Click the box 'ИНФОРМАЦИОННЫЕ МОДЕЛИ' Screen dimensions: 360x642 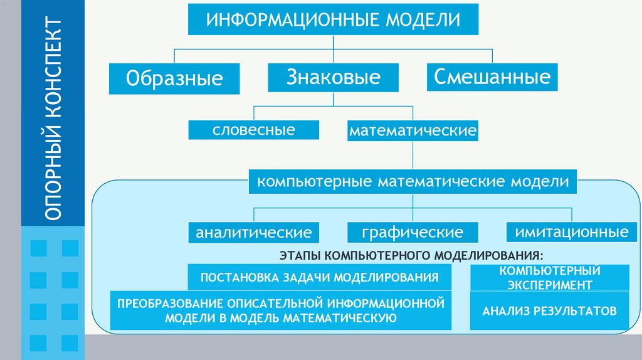click(334, 19)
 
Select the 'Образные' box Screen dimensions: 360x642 click(174, 78)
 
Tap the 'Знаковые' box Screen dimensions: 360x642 click(334, 78)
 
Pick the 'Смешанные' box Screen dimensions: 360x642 click(492, 77)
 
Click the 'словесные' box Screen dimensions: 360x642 click(253, 130)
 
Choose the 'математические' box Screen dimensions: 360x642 click(413, 132)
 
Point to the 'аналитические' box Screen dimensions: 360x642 click(253, 233)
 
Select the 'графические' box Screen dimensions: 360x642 click(412, 233)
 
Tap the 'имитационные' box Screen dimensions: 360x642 click(571, 232)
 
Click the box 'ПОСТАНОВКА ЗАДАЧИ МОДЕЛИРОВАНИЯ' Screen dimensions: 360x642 click(319, 277)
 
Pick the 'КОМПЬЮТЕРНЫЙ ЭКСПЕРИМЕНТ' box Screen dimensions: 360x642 click(550, 278)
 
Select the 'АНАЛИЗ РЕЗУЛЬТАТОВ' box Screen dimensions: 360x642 click(550, 310)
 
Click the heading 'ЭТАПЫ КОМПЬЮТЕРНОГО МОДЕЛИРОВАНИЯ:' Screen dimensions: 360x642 click(408, 256)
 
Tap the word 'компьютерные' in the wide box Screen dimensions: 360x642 click(298, 182)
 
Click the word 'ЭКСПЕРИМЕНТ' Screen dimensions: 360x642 click(550, 284)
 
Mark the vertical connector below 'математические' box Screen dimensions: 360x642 click(413, 155)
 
